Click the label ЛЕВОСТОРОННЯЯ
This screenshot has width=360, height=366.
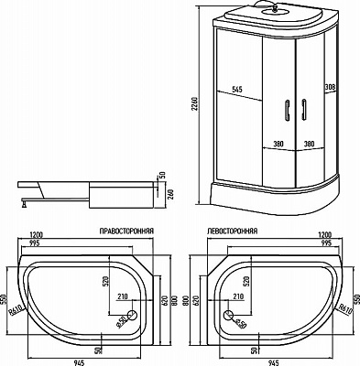[x=233, y=232]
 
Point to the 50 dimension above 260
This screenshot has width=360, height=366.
[x=162, y=176]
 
